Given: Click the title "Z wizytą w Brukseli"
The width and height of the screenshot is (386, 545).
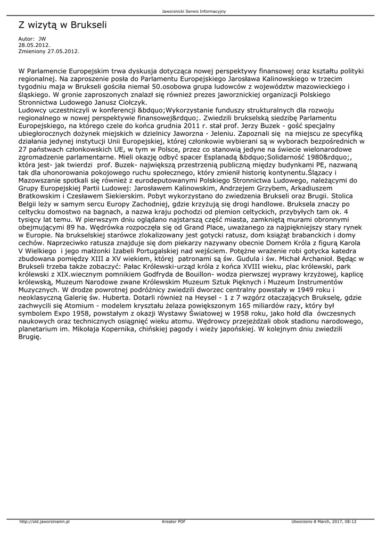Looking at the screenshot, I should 63,25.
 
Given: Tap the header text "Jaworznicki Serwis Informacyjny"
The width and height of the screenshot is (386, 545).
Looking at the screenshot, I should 193,11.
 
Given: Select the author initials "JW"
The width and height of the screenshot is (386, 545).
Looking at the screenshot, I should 43,39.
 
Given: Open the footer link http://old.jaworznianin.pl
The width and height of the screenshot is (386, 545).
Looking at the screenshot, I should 45,522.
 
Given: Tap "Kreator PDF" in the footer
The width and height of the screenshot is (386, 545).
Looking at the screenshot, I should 174,522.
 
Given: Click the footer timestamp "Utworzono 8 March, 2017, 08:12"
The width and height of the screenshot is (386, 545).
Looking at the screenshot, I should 324,522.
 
